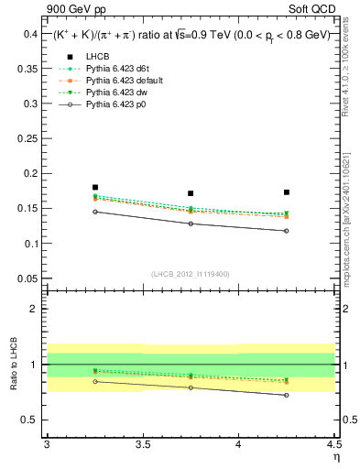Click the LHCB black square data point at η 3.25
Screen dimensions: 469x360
95,187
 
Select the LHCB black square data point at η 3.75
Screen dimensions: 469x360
191,193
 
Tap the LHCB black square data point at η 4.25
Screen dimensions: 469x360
287,192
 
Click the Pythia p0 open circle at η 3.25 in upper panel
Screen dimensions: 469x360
95,212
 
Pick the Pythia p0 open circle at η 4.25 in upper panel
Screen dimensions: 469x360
287,231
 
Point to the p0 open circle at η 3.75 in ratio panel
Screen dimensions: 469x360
191,387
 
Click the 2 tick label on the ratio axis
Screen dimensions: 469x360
37,309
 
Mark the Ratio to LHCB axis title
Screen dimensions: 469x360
12,365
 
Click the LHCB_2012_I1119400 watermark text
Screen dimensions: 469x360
191,274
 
